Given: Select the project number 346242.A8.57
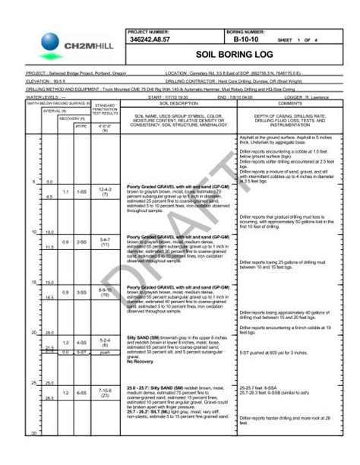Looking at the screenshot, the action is pyautogui.click(x=149, y=38).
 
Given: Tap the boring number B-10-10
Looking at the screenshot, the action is pyautogui.click(x=248, y=38).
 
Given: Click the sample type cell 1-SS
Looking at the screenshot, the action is pyautogui.click(x=81, y=191).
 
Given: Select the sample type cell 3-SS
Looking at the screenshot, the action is pyautogui.click(x=81, y=293).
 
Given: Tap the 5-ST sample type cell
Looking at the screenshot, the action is pyautogui.click(x=81, y=353).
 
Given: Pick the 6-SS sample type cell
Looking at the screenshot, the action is pyautogui.click(x=81, y=393).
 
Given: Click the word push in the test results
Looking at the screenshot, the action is pyautogui.click(x=105, y=353).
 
